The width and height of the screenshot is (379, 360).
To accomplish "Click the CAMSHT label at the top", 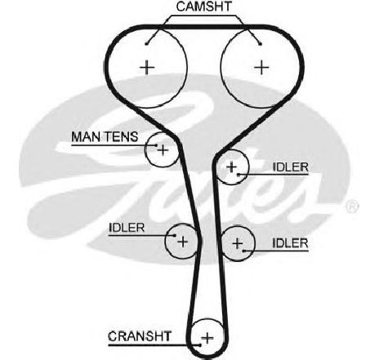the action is [204, 7].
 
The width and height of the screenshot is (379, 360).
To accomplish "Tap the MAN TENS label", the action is [105, 136].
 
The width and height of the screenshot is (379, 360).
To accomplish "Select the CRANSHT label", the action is [140, 336].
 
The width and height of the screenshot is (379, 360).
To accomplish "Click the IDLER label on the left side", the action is [127, 228].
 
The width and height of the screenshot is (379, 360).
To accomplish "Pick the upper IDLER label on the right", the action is [290, 167].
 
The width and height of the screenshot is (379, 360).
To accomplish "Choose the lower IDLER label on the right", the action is [290, 243].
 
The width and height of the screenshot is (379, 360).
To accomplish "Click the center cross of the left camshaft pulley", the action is [147, 67].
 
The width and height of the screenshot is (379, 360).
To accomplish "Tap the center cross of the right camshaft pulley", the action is [261, 67].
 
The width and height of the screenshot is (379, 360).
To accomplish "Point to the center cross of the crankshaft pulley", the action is [207, 338].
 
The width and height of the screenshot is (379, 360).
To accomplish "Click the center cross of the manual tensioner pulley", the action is [163, 150].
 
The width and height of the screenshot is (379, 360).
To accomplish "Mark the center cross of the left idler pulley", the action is [182, 241].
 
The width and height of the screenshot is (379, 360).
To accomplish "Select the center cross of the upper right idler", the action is [231, 167].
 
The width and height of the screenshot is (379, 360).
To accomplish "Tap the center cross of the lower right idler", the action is [238, 243].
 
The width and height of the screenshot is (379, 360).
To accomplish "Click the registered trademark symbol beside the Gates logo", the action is [352, 207].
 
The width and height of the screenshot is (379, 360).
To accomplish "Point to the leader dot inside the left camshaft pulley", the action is [147, 43].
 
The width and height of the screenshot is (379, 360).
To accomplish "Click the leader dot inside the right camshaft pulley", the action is [261, 43].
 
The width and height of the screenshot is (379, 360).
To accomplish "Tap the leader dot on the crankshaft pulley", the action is [200, 345].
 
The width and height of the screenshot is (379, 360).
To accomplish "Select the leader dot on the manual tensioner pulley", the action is [156, 145].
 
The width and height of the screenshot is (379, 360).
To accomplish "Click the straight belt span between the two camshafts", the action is [204, 27].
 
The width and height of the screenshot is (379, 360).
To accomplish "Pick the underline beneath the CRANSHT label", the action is [154, 345].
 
